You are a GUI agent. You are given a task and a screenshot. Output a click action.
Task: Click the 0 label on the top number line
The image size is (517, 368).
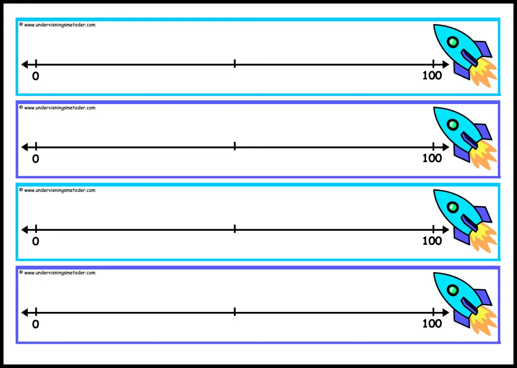(x=36, y=76)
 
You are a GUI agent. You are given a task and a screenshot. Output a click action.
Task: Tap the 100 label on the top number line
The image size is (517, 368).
(x=432, y=76)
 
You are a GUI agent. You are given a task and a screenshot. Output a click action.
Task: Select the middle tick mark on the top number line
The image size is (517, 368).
(x=234, y=64)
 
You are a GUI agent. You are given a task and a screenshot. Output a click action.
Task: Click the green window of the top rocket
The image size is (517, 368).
(x=453, y=42)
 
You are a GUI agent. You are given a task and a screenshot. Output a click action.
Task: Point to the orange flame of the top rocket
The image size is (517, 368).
(x=483, y=73)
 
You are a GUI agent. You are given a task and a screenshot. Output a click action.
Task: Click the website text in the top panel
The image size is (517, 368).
(x=60, y=25)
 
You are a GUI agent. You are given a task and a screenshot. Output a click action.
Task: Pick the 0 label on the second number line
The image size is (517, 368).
(x=36, y=159)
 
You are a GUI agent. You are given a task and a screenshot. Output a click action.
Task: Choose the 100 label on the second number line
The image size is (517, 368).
(x=432, y=159)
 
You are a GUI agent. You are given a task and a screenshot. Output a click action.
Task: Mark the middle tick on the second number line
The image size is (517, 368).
(x=234, y=146)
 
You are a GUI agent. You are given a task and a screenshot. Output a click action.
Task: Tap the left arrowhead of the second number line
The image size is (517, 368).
(x=25, y=147)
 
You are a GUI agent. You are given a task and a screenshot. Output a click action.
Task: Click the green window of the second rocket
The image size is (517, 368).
(x=453, y=125)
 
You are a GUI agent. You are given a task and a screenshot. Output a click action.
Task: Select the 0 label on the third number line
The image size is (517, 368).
(x=36, y=241)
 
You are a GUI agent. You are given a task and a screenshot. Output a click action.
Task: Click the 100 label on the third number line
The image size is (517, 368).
(x=432, y=241)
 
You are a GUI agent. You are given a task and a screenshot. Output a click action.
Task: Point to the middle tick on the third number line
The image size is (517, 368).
(x=234, y=229)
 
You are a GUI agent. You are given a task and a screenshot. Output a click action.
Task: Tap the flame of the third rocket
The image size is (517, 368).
(x=483, y=238)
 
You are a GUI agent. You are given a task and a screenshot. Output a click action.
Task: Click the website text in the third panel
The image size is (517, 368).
(x=60, y=190)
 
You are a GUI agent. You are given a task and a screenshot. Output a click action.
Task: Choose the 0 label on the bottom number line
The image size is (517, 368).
(x=36, y=324)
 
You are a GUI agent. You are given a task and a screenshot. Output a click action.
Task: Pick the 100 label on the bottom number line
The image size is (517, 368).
(x=432, y=324)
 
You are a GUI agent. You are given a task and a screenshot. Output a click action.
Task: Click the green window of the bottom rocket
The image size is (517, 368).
(x=453, y=290)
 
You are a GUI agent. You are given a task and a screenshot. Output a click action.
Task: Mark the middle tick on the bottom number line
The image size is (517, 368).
(x=234, y=311)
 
